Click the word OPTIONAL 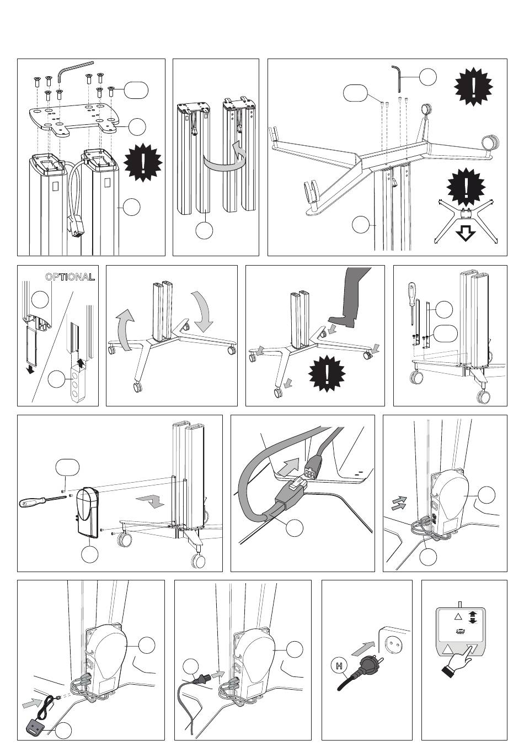[x=69, y=277]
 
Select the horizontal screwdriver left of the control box [x=39, y=502]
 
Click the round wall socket [x=393, y=642]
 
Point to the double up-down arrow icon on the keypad [x=473, y=616]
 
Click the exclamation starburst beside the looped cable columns [x=143, y=161]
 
